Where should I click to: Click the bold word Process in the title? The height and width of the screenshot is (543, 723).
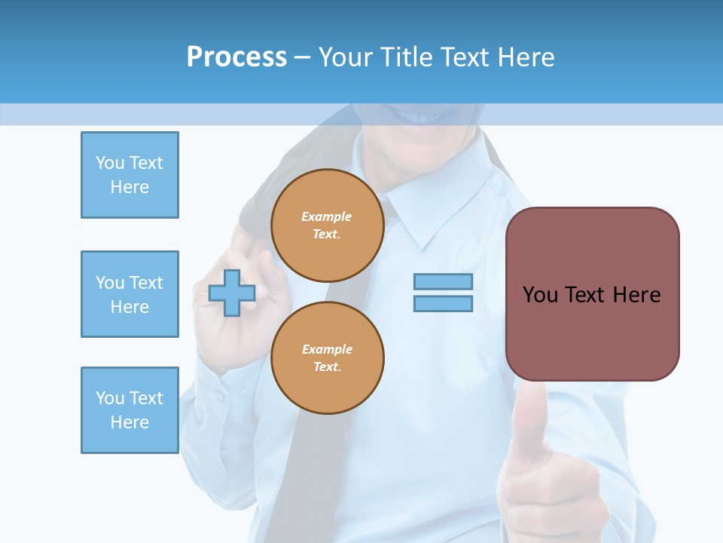[x=236, y=57]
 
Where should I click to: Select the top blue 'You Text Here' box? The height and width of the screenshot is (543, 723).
[x=130, y=175]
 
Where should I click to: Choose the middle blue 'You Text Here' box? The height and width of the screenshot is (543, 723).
[x=130, y=294]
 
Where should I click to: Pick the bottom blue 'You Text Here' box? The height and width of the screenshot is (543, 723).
[x=130, y=410]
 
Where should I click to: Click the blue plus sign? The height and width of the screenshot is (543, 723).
[x=232, y=293]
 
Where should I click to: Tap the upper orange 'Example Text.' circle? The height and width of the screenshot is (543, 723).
[x=328, y=225]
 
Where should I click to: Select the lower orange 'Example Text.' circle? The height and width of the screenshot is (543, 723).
[x=328, y=358]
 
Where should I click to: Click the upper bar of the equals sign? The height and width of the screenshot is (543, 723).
[x=443, y=282]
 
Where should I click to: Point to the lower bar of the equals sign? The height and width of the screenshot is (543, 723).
[x=443, y=304]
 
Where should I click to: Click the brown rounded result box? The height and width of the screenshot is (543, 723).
[x=592, y=332]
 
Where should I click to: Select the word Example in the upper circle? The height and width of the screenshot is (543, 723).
[x=327, y=216]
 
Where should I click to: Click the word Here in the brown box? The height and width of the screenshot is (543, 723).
[x=637, y=295]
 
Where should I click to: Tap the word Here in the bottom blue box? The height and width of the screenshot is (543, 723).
[x=130, y=422]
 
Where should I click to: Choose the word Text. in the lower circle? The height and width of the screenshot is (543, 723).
[x=327, y=367]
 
